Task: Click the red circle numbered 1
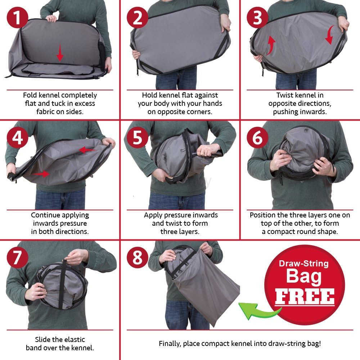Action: [17, 17]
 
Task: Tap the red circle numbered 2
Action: [138, 17]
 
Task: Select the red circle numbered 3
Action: [258, 17]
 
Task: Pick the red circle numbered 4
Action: [17, 138]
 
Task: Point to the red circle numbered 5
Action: [138, 138]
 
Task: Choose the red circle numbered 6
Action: [258, 138]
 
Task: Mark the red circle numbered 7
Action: [17, 257]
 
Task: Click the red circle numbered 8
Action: [138, 257]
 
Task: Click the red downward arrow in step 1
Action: [60, 53]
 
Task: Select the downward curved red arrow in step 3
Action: [330, 35]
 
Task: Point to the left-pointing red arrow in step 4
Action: [87, 150]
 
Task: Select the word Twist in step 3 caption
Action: [285, 95]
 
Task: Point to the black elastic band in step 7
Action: [62, 284]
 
